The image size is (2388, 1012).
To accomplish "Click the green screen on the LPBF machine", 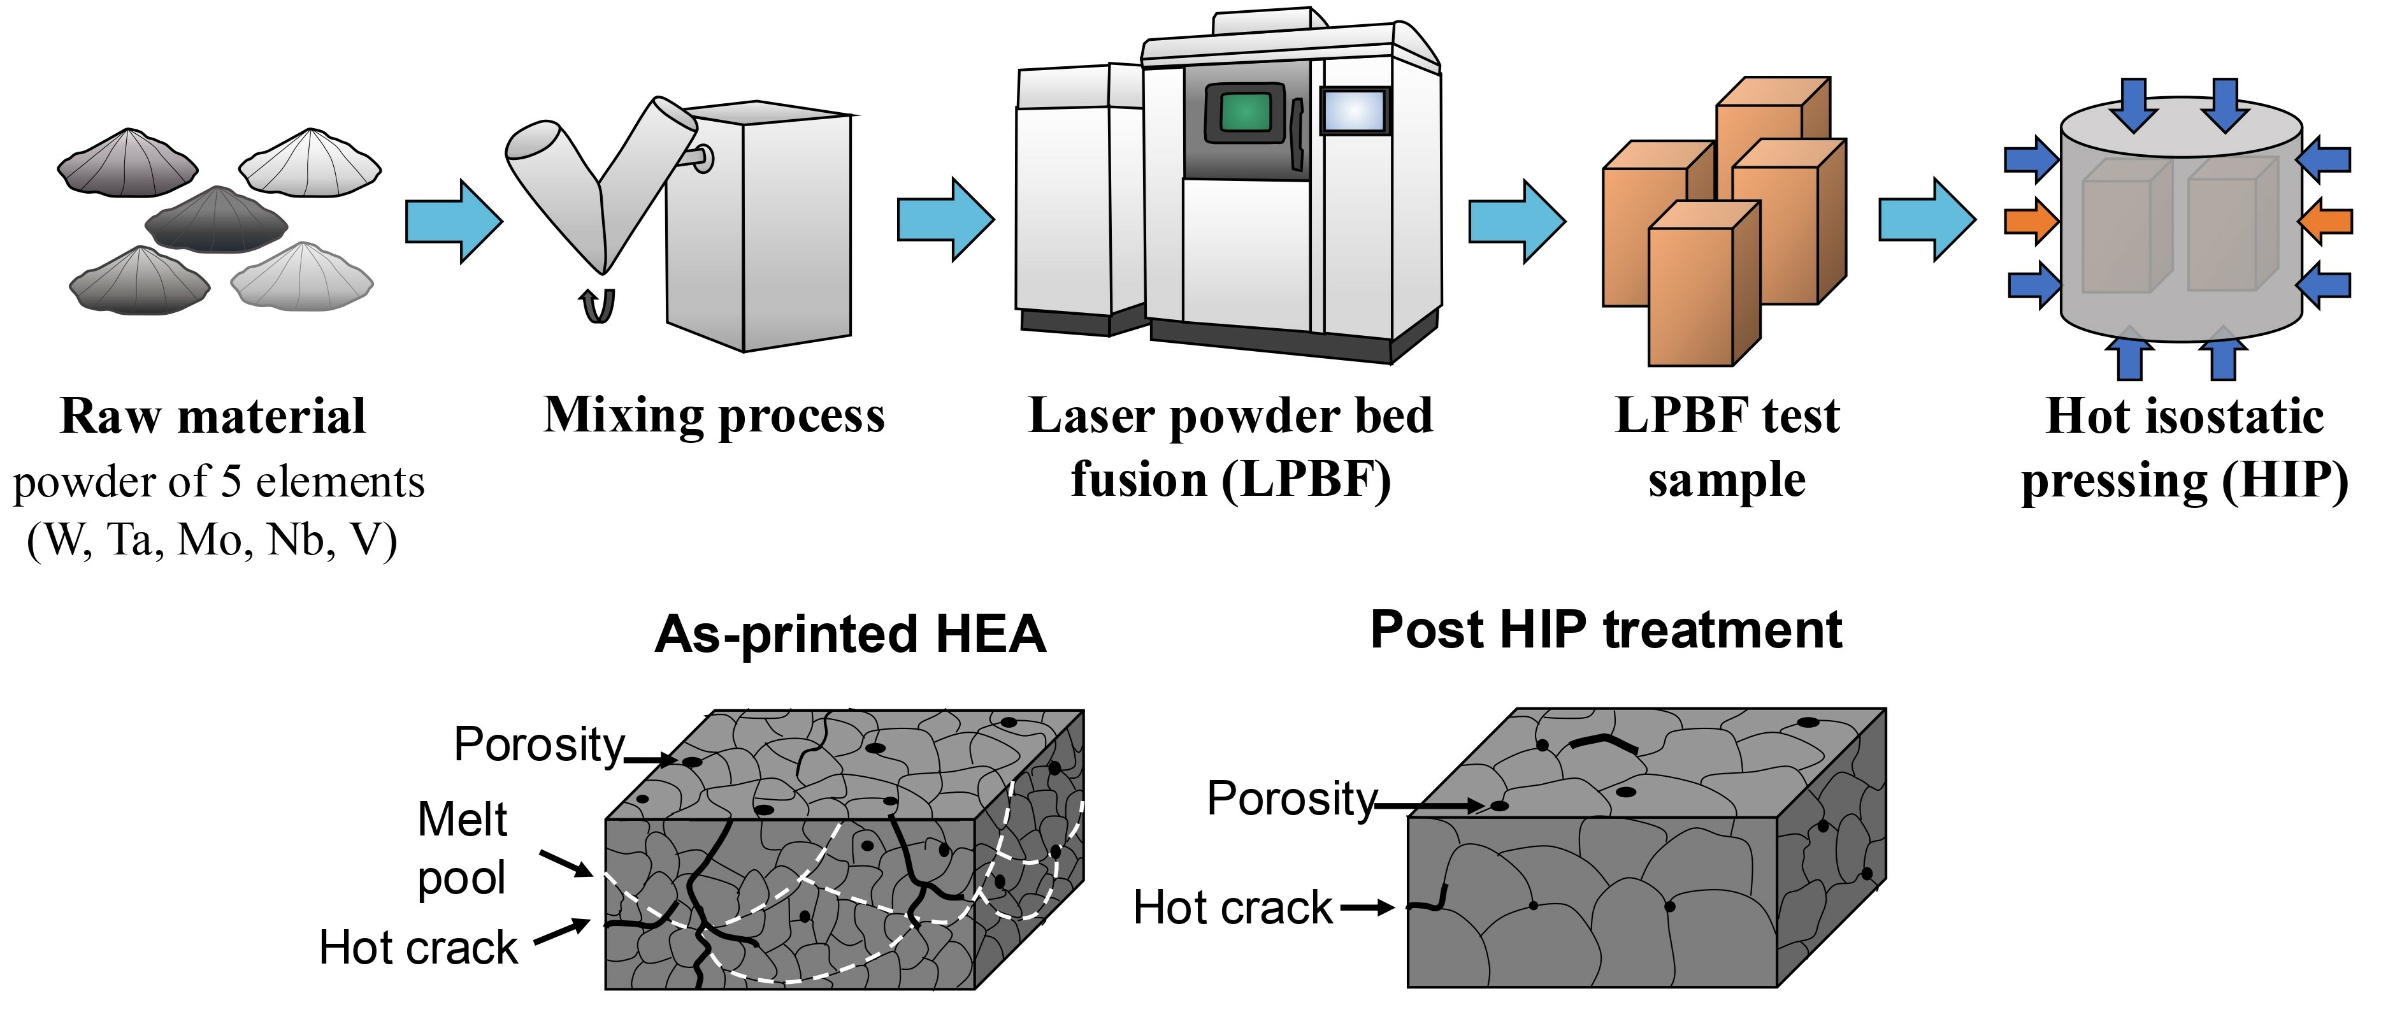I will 1245,113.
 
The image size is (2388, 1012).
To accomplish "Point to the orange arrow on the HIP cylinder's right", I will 2326,220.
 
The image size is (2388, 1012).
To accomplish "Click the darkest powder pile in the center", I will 217,220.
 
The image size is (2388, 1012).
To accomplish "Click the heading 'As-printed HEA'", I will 850,635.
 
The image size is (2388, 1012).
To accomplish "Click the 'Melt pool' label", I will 462,849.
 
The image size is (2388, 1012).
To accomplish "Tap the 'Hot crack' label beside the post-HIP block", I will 1232,907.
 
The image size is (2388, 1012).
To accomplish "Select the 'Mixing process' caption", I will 714,416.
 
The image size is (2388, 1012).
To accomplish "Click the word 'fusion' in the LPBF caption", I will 1139,481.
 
